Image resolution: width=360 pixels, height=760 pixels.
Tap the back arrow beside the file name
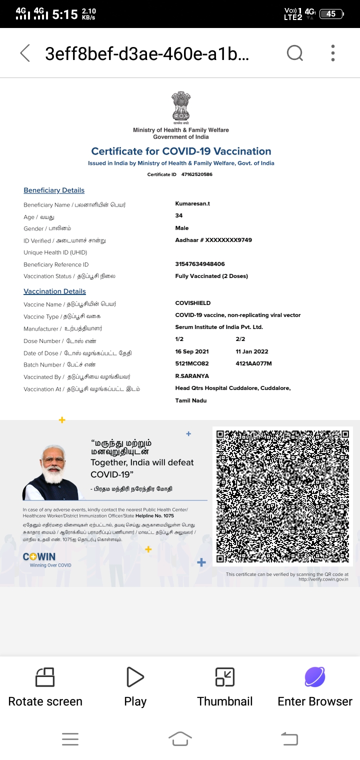point(25,53)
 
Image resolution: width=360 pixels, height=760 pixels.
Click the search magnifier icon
point(295,52)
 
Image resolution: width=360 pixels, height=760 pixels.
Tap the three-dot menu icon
point(333,52)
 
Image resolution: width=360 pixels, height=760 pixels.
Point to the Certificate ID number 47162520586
point(196,174)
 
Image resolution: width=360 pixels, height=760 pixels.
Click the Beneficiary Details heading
point(54,190)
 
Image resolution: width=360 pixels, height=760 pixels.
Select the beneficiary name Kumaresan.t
point(192,204)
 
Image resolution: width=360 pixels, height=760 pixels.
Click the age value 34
point(179,216)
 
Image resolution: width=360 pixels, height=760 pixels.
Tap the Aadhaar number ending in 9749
point(213,240)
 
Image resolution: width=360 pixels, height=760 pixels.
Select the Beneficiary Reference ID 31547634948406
point(200,264)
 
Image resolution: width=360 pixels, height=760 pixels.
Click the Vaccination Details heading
point(54,291)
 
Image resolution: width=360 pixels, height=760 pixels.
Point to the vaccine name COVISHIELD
point(193,303)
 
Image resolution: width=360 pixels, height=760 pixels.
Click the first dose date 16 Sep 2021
point(192,352)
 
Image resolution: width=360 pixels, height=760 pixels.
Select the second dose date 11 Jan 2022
point(252,352)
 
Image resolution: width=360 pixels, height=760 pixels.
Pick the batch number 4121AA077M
point(253,364)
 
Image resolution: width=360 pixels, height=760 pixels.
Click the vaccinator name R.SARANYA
point(192,376)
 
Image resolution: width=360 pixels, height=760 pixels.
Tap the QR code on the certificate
point(282,496)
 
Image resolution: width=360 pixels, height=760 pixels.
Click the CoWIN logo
point(39,557)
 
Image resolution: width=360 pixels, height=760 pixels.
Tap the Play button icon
point(135,677)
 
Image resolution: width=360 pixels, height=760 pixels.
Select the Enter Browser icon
point(315,677)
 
